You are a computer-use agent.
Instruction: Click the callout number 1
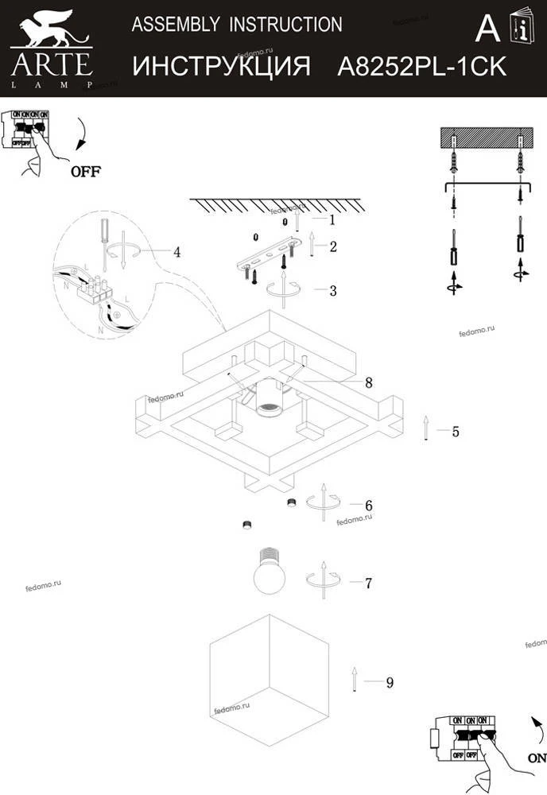pyautogui.click(x=332, y=218)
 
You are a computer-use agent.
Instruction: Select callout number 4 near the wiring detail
pyautogui.click(x=177, y=252)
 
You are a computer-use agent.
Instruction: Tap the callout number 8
pyautogui.click(x=368, y=382)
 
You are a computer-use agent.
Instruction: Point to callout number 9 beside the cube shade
pyautogui.click(x=389, y=682)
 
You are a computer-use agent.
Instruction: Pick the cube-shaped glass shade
pyautogui.click(x=268, y=676)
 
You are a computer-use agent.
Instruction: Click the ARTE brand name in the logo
pyautogui.click(x=51, y=62)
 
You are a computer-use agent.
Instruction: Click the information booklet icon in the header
pyautogui.click(x=521, y=29)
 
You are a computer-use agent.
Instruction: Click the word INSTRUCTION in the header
pyautogui.click(x=286, y=25)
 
